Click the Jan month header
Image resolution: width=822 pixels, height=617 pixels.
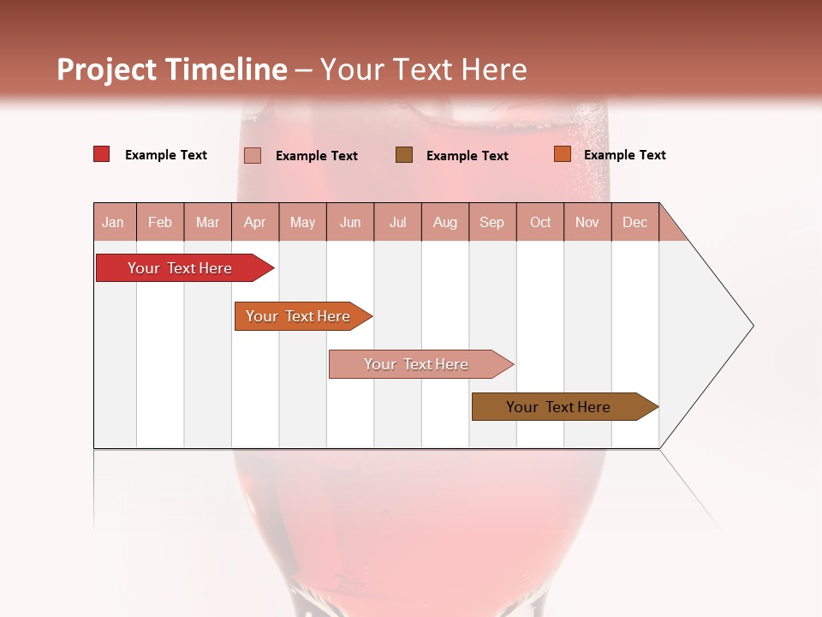[x=113, y=223]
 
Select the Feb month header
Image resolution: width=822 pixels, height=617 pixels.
[x=160, y=223]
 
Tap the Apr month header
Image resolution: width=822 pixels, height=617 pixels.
[x=254, y=223]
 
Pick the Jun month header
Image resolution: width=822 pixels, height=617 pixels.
[x=350, y=223]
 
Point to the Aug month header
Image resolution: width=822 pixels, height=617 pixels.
[x=444, y=223]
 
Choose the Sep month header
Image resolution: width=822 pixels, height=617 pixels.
[x=491, y=223]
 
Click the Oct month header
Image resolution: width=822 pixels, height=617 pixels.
[x=540, y=223]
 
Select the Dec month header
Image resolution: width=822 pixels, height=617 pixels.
[x=634, y=223]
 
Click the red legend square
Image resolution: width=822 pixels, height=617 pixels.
[x=102, y=154]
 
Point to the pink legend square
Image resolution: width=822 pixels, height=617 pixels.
[x=253, y=155]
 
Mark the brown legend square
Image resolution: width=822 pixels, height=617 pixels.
[x=404, y=154]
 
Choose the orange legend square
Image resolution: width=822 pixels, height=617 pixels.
[x=562, y=154]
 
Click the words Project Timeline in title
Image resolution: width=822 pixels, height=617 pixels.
[x=171, y=69]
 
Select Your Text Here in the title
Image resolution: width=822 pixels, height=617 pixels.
[x=423, y=69]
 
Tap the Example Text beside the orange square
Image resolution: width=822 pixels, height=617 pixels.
[x=624, y=155]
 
